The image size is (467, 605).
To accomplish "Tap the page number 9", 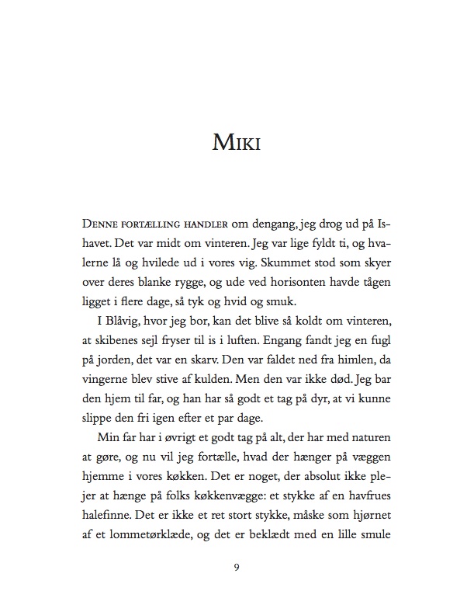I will pos(236,567).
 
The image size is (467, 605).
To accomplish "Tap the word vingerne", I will pos(106,383).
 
